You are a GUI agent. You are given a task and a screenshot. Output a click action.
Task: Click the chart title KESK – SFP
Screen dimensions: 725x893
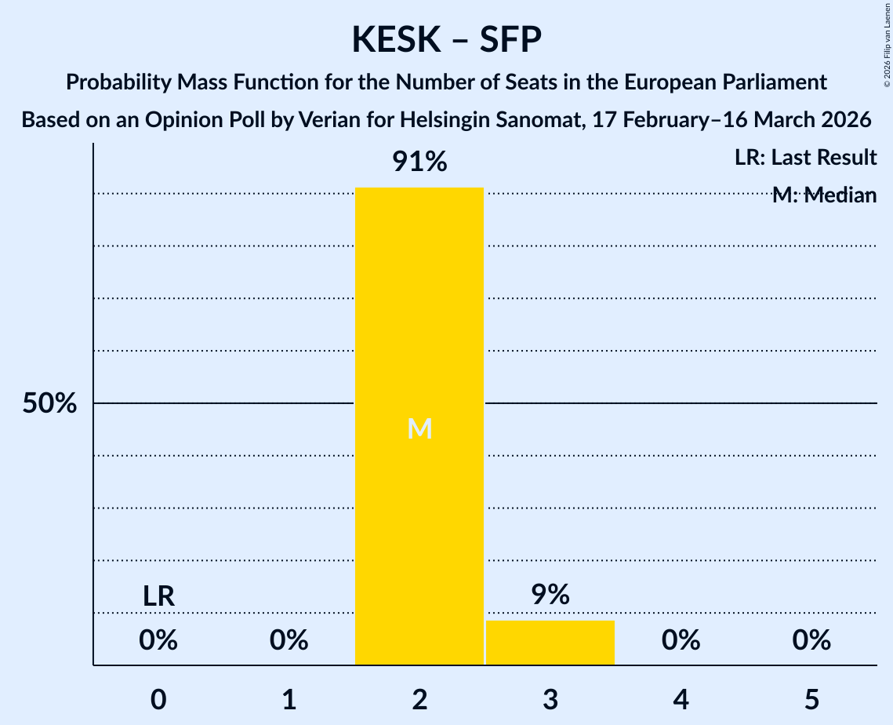coord(446,39)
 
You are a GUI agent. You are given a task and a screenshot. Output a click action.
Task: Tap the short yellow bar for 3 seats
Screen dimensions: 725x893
coord(550,643)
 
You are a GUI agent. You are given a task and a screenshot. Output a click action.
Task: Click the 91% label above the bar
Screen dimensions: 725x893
coord(419,162)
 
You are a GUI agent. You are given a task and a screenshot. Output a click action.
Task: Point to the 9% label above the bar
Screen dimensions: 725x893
coord(550,595)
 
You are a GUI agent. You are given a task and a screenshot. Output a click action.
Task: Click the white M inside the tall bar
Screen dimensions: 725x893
coord(419,428)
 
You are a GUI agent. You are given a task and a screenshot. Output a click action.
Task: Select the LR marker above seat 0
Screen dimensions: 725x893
coord(158,596)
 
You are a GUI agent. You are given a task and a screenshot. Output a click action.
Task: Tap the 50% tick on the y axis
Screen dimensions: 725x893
coord(49,403)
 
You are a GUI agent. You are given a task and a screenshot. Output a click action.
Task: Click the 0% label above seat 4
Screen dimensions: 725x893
coord(681,641)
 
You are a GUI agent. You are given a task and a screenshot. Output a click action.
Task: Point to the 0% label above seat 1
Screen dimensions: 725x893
coord(289,641)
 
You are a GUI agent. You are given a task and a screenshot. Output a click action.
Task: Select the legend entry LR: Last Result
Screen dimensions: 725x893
coord(805,158)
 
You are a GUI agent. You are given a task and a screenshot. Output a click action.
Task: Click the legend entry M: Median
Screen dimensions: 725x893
coord(824,195)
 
